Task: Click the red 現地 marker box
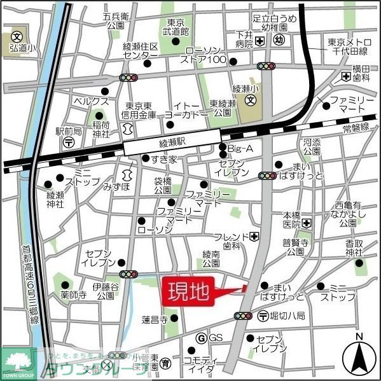(188, 292)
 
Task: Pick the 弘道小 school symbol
(17, 36)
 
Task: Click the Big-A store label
(241, 148)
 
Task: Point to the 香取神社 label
(359, 247)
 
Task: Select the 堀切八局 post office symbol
(263, 315)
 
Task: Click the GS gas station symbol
(202, 337)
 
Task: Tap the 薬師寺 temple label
(74, 296)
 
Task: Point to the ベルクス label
(91, 101)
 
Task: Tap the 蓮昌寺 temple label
(155, 319)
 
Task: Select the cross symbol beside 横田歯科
(345, 77)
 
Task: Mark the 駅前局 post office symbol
(68, 143)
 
